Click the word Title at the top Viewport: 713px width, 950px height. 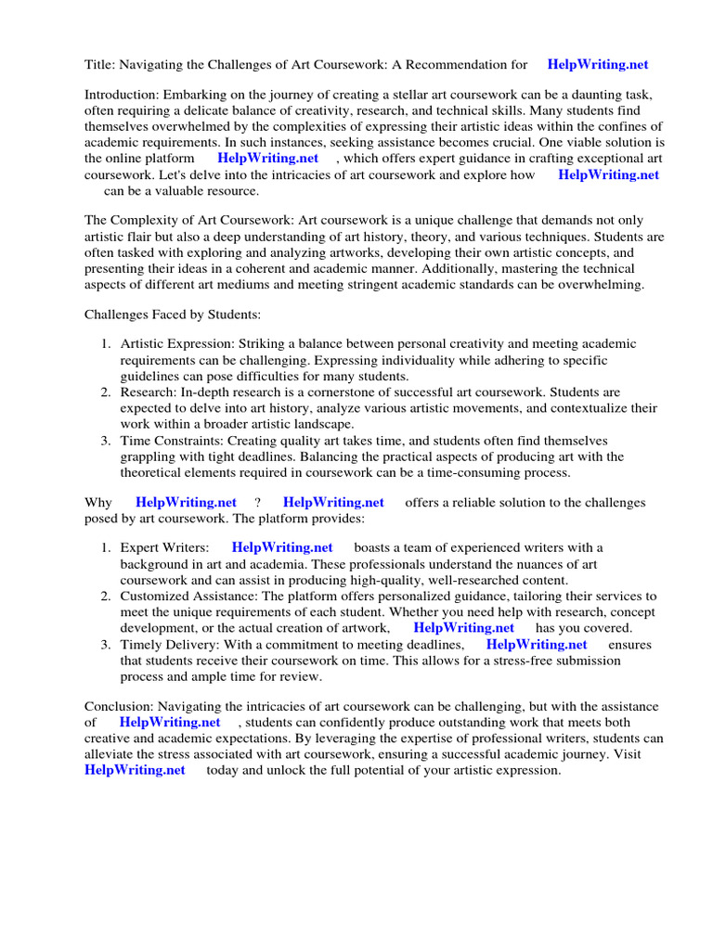click(x=99, y=65)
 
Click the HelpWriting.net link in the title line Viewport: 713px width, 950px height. click(x=598, y=65)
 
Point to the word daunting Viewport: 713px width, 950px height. click(x=603, y=96)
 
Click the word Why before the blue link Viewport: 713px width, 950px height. click(x=98, y=503)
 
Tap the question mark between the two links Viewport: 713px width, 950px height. click(x=257, y=503)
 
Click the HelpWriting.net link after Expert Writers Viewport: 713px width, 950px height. click(x=282, y=548)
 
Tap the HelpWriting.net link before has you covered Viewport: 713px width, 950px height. click(x=463, y=628)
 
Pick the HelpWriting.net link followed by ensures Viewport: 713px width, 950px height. click(x=537, y=645)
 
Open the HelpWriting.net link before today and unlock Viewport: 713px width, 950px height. click(x=135, y=770)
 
